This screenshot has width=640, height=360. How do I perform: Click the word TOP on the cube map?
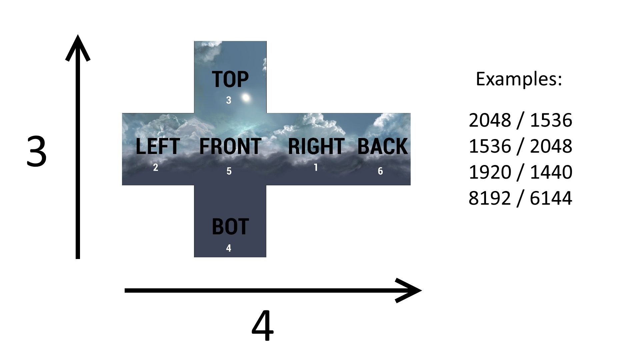pyautogui.click(x=230, y=79)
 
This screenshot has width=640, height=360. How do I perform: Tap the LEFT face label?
pyautogui.click(x=158, y=146)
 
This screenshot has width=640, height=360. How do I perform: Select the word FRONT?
pyautogui.click(x=230, y=146)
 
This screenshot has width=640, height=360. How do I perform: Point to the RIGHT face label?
pyautogui.click(x=316, y=146)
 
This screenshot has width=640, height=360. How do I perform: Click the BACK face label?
pyautogui.click(x=382, y=146)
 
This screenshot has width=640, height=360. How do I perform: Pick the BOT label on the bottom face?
pyautogui.click(x=230, y=227)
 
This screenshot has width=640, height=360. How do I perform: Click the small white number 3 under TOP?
pyautogui.click(x=229, y=100)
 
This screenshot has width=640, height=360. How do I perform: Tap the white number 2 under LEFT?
pyautogui.click(x=156, y=167)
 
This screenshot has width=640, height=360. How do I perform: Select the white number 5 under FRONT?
pyautogui.click(x=229, y=171)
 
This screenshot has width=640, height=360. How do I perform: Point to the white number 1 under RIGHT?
pyautogui.click(x=316, y=167)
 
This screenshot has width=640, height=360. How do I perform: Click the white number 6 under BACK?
pyautogui.click(x=380, y=171)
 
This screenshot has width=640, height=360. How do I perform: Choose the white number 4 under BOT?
pyautogui.click(x=229, y=248)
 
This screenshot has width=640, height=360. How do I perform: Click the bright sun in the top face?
pyautogui.click(x=246, y=98)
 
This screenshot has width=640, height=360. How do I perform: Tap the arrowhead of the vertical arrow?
pyautogui.click(x=78, y=35)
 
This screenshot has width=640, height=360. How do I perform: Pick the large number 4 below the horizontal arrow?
pyautogui.click(x=263, y=326)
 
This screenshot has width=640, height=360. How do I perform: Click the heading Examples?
pyautogui.click(x=519, y=79)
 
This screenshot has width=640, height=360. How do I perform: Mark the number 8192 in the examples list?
pyautogui.click(x=490, y=198)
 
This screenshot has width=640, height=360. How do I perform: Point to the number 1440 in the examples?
pyautogui.click(x=551, y=172)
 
